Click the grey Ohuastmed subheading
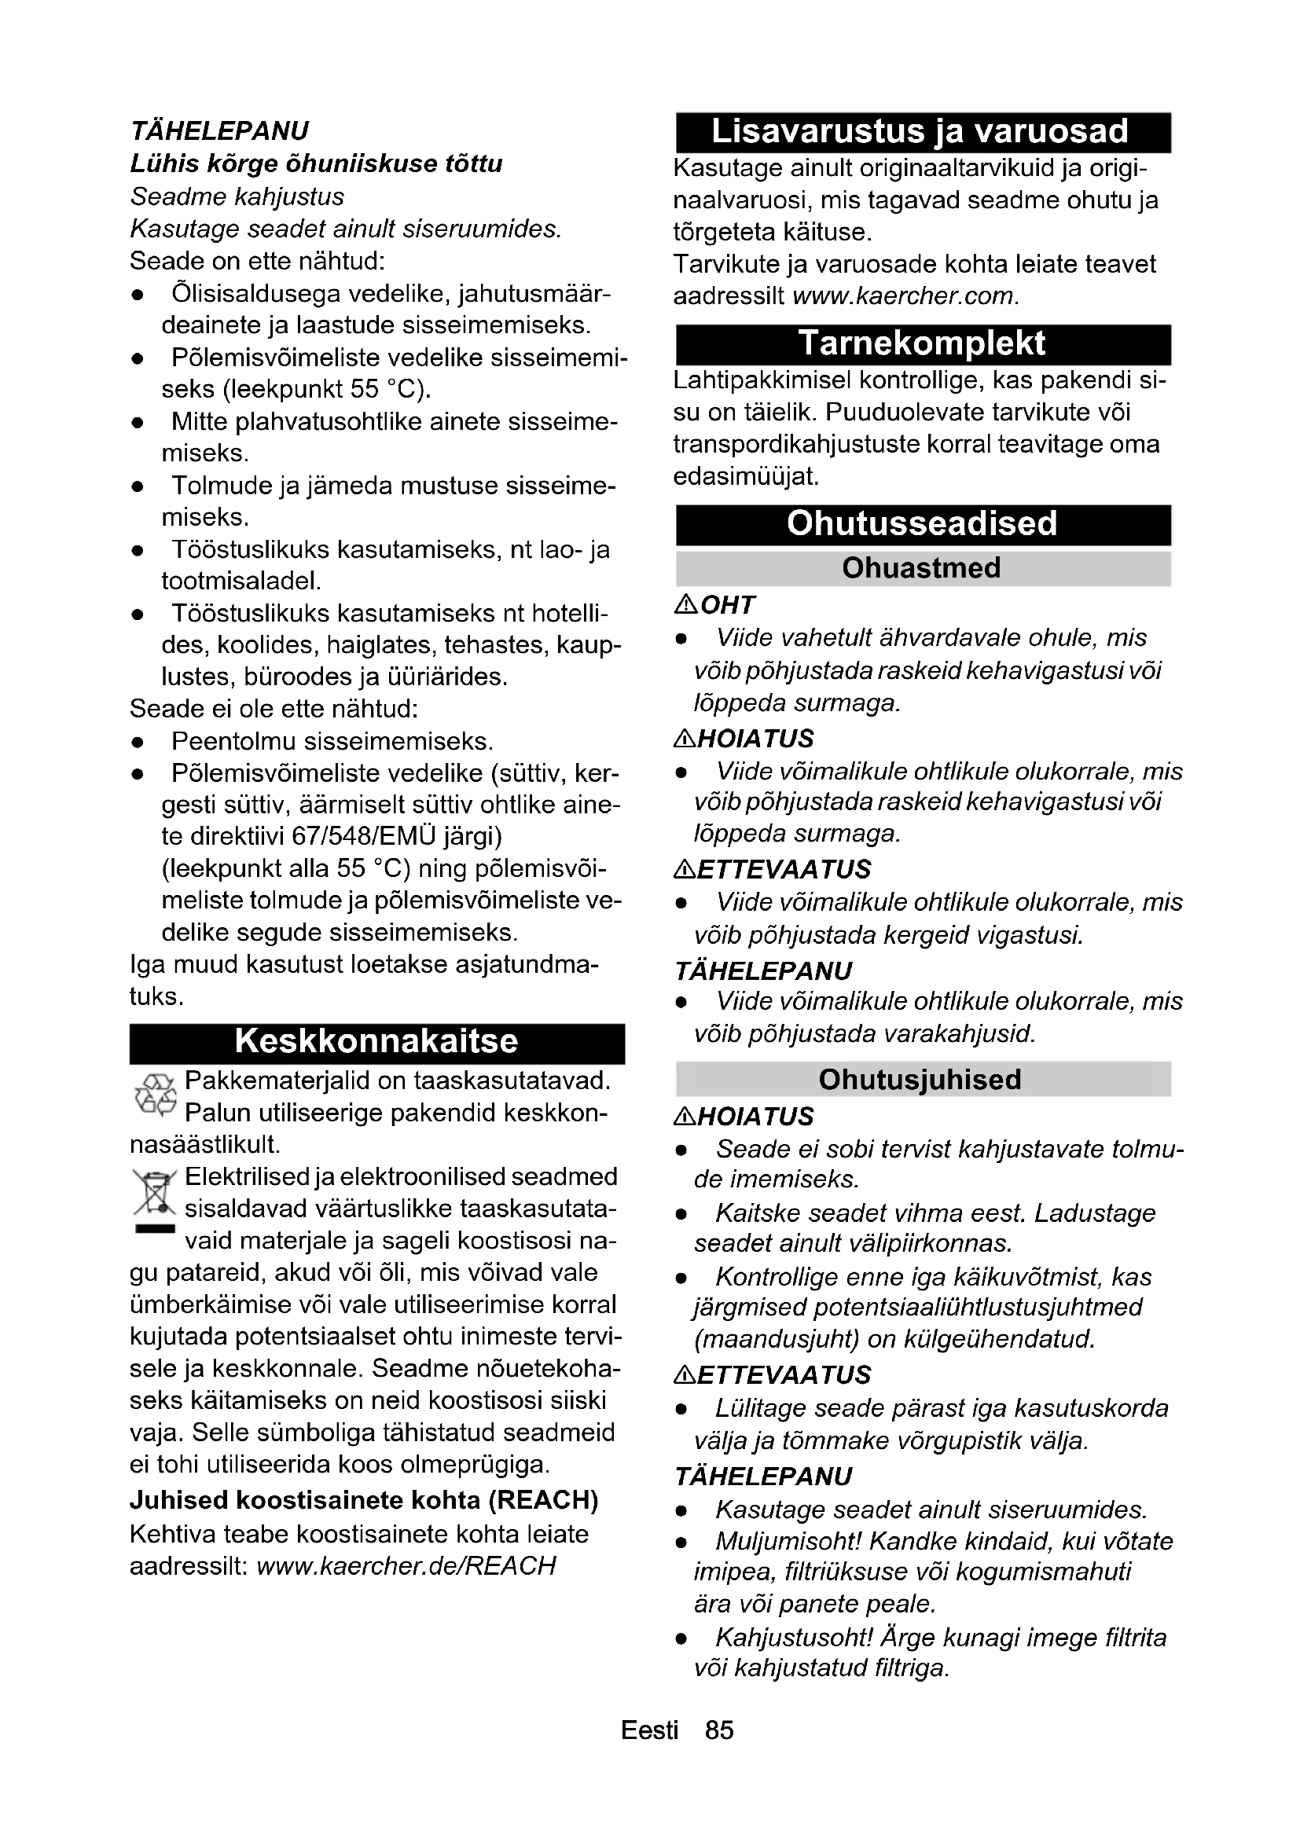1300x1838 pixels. pos(921,568)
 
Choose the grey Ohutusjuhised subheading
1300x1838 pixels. pos(920,1080)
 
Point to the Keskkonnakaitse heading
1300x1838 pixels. pos(376,1042)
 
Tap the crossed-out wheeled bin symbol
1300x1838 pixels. pos(154,1193)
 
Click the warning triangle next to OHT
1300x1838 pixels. pos(686,605)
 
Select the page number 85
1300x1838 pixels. pos(719,1730)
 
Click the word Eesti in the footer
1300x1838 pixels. pos(649,1730)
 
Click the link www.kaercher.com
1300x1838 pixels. pos(905,296)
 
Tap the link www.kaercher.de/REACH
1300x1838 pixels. pos(406,1566)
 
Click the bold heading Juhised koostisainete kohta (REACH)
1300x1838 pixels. pos(364,1500)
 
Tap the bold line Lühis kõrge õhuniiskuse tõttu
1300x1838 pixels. pos(316,164)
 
